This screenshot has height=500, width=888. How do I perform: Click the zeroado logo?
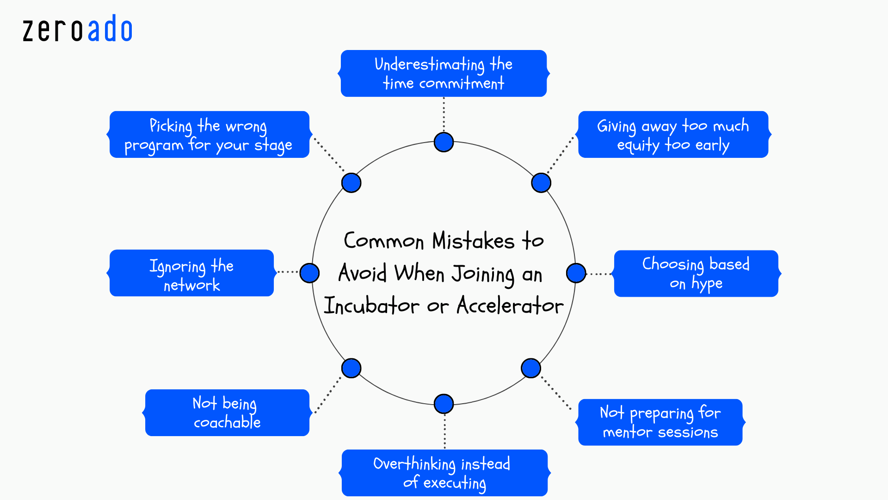[x=78, y=30]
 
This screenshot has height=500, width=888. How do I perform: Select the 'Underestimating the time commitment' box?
[x=444, y=73]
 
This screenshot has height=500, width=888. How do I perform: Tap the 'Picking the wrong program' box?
[x=209, y=134]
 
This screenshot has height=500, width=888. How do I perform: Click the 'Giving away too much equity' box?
[x=673, y=134]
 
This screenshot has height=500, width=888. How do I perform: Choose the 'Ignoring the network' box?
[x=191, y=273]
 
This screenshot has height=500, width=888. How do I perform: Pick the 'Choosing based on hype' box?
[x=696, y=273]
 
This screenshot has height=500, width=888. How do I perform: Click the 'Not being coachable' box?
[x=227, y=412]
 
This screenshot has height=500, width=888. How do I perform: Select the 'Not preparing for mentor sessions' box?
[x=660, y=422]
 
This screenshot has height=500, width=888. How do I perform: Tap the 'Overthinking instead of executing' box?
[x=444, y=473]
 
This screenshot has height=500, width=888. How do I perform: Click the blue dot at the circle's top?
[x=444, y=142]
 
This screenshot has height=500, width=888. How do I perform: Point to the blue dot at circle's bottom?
[x=444, y=404]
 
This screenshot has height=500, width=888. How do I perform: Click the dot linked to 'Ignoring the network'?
[x=309, y=273]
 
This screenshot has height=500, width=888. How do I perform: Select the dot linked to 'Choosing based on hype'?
[x=576, y=273]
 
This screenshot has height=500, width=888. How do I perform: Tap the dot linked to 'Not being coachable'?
[x=351, y=368]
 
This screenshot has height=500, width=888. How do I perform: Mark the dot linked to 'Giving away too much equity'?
[x=541, y=183]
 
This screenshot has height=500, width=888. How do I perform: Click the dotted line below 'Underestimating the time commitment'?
[x=444, y=114]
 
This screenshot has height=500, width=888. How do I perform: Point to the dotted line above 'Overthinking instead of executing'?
[x=444, y=431]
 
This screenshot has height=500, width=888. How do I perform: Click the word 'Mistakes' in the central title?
[x=473, y=241]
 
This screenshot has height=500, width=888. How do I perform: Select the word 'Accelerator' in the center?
[x=510, y=306]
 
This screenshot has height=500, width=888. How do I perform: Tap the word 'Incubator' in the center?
[x=371, y=306]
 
